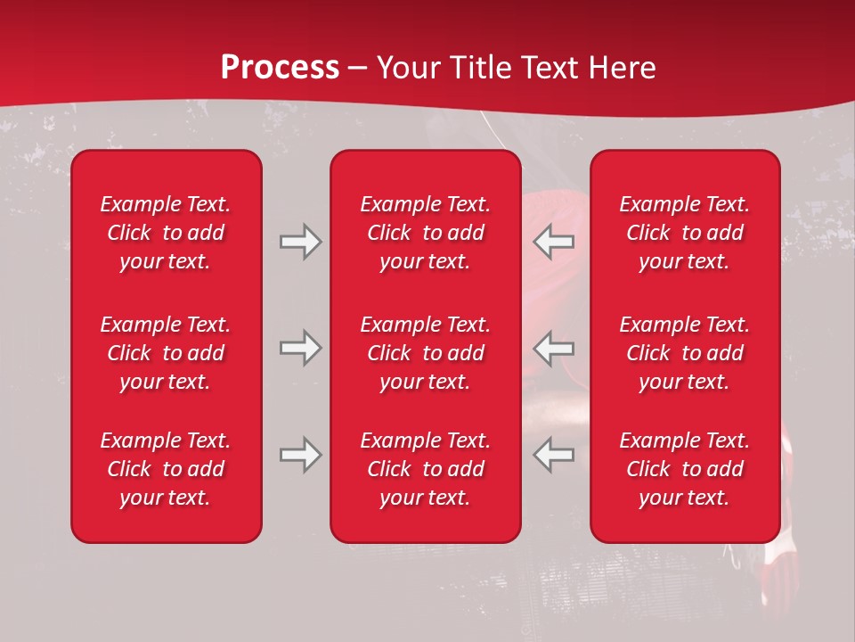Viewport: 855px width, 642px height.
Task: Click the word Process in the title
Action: tap(280, 68)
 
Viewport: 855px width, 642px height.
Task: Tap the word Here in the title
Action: tap(622, 68)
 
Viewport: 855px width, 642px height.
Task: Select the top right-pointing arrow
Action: tap(300, 242)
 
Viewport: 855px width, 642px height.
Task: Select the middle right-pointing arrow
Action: tap(300, 348)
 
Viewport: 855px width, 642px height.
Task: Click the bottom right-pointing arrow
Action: tap(300, 455)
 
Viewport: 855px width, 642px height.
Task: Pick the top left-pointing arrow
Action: tap(554, 242)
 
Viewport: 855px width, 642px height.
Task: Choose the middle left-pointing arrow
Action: tap(554, 348)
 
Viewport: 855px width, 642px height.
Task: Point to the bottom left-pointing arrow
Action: tap(554, 455)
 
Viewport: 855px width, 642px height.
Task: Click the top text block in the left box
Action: tap(166, 233)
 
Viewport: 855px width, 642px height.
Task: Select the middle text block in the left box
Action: tap(166, 353)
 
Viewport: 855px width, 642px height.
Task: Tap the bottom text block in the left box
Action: tap(166, 469)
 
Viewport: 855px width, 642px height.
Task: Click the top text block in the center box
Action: tap(425, 233)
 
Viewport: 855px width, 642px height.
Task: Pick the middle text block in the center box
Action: tap(425, 353)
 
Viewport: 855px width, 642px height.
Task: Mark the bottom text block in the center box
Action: tap(425, 469)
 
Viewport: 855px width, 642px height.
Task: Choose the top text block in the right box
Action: tap(684, 233)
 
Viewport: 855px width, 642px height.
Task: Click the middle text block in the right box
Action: tap(684, 353)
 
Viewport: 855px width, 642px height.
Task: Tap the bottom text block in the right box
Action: tap(684, 469)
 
